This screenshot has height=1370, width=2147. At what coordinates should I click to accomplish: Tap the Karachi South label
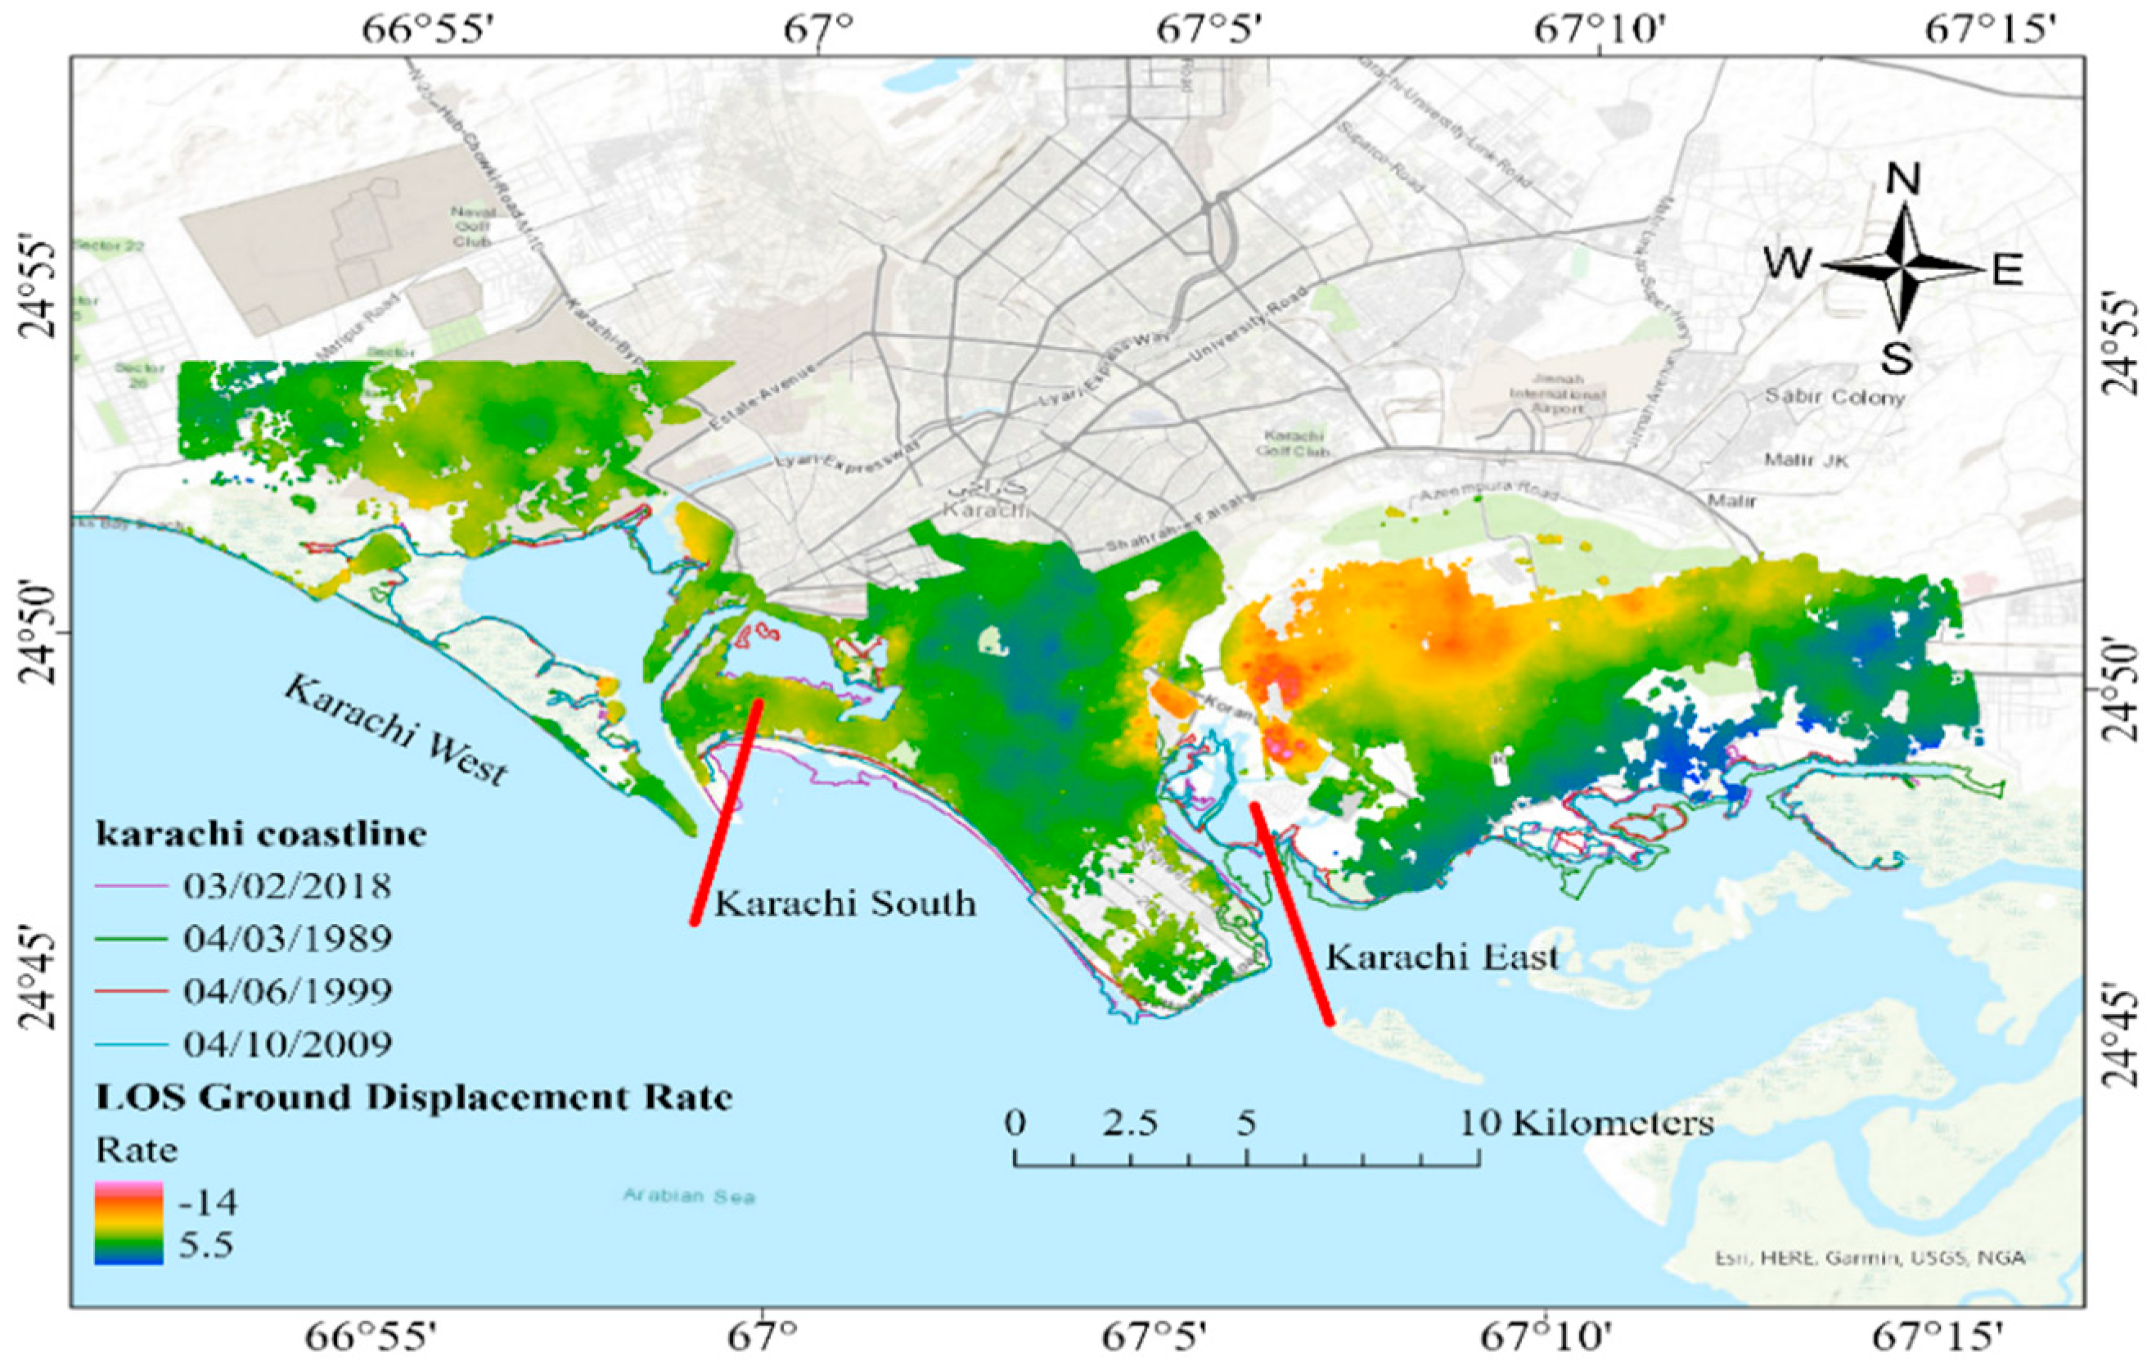(x=845, y=904)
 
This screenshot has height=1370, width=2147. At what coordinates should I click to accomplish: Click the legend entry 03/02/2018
(x=287, y=886)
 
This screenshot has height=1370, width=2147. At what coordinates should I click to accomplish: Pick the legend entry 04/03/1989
(x=287, y=939)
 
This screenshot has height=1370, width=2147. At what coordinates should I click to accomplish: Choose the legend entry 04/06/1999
(x=287, y=991)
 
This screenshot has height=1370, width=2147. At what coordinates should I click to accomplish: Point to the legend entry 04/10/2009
(x=287, y=1043)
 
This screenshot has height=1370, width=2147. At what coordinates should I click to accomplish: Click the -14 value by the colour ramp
(x=208, y=1203)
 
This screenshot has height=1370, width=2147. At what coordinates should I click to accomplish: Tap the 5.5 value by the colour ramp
(x=206, y=1244)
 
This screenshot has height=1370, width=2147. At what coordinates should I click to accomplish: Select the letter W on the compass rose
(x=1789, y=265)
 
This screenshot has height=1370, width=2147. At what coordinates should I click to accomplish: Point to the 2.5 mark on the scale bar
(x=1131, y=1122)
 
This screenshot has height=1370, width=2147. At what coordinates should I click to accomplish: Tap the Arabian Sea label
(x=688, y=1195)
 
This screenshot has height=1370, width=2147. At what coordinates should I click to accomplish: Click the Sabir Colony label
(x=1835, y=397)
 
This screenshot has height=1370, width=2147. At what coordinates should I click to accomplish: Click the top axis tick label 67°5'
(x=1209, y=30)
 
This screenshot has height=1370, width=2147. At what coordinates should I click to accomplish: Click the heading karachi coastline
(x=261, y=835)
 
